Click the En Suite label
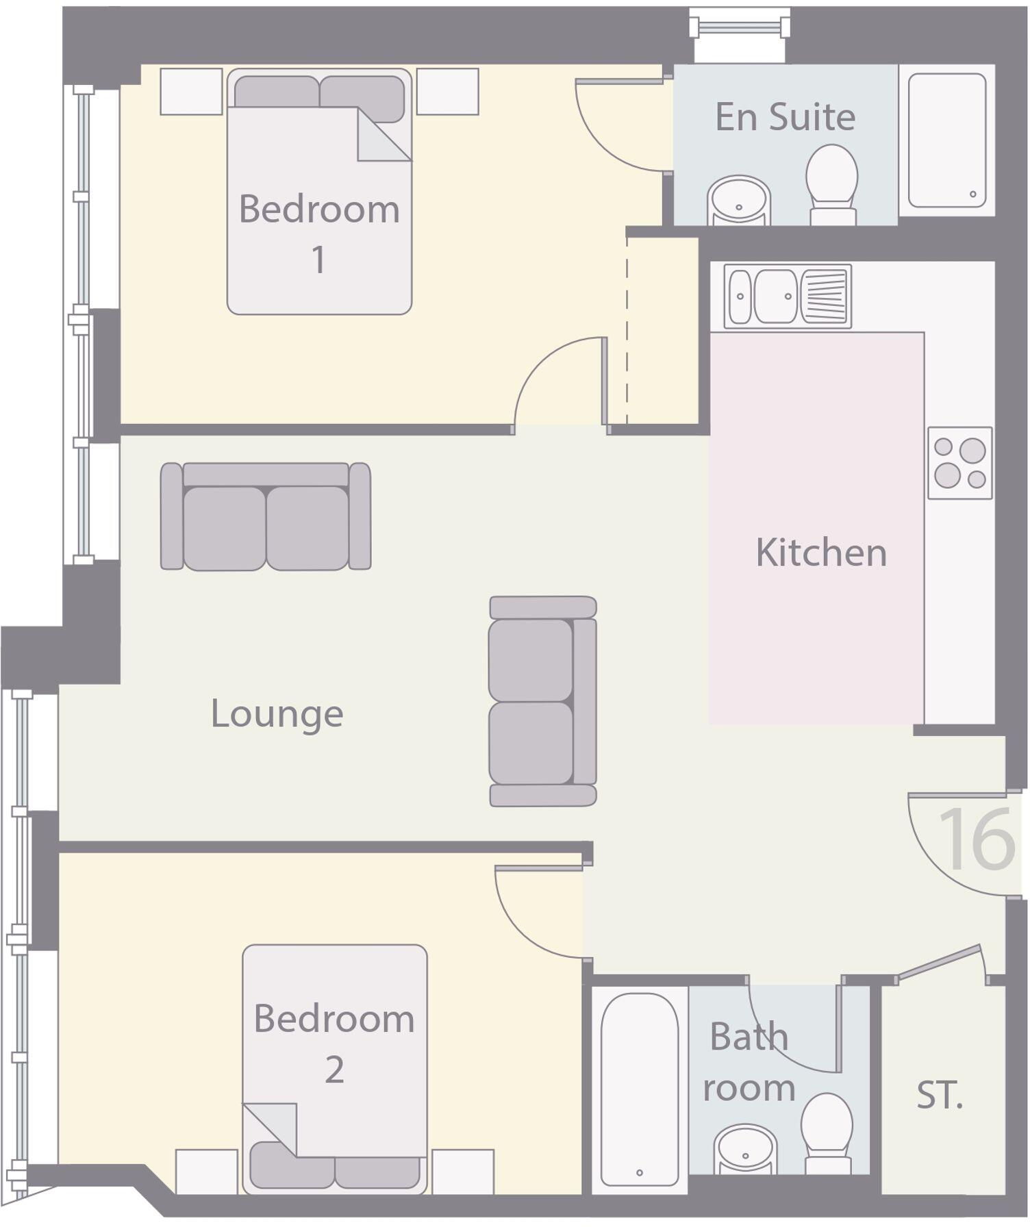click(x=785, y=117)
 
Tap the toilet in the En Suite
click(x=831, y=181)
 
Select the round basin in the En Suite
click(x=738, y=200)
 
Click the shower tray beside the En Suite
click(x=946, y=140)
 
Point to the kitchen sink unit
click(x=788, y=296)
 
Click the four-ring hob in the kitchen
click(x=959, y=463)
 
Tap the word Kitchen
click(x=820, y=553)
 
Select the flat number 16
click(x=977, y=839)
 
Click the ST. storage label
click(x=940, y=1096)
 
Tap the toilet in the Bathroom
click(x=827, y=1133)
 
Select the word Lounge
click(x=277, y=714)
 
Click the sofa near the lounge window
click(x=266, y=517)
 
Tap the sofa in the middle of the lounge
click(x=542, y=700)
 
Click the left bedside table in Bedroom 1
click(x=191, y=91)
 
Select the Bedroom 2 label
click(x=334, y=1043)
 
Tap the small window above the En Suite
click(x=740, y=28)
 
